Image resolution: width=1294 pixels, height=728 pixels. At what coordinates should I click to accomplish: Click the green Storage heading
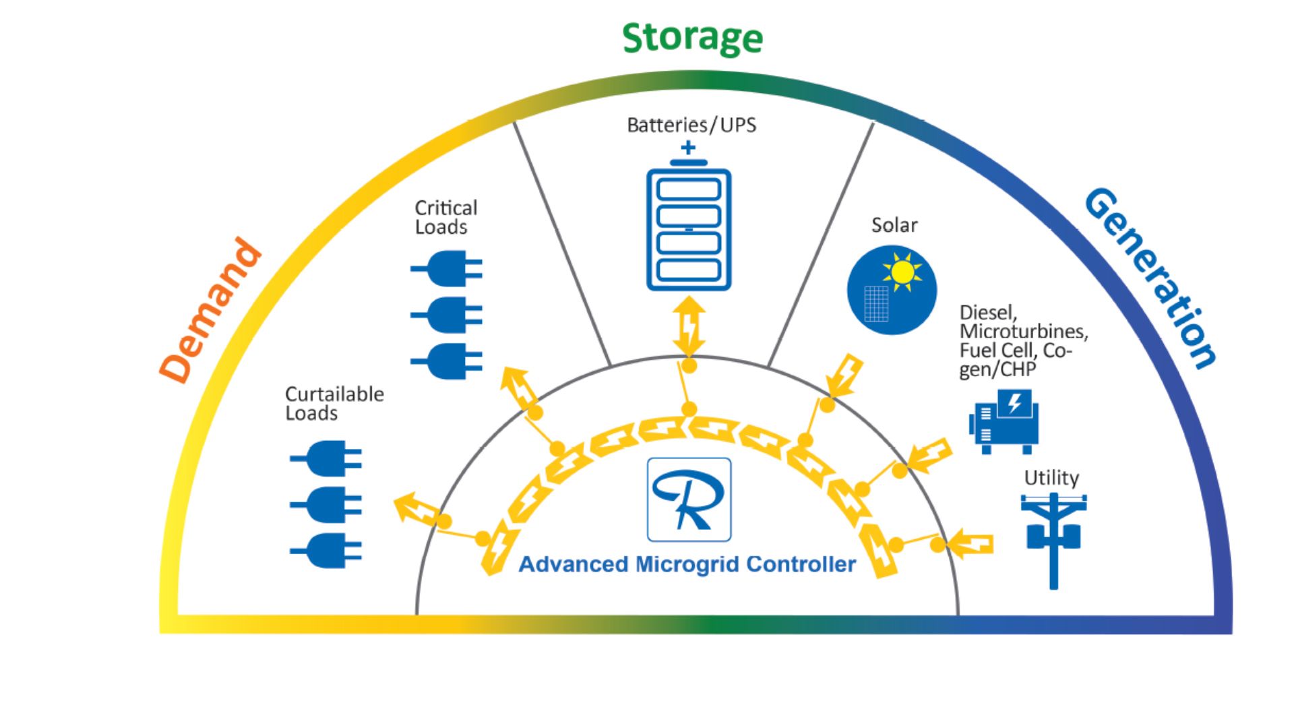(692, 38)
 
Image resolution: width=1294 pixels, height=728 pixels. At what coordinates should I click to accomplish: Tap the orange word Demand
(211, 311)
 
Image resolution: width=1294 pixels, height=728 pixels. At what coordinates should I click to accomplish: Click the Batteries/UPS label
(691, 125)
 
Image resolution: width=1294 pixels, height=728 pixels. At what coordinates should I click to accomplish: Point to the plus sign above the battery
(688, 148)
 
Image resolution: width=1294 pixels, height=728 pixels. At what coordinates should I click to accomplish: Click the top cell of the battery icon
(689, 189)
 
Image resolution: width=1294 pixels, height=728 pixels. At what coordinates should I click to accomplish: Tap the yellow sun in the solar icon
(902, 272)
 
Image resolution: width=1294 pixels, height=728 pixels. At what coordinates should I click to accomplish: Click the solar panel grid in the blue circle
(876, 303)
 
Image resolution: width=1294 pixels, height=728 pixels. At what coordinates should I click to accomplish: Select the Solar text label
(894, 225)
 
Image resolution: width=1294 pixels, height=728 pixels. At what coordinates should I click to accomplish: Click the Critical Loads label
(445, 217)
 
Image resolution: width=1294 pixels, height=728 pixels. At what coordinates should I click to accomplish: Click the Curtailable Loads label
(334, 403)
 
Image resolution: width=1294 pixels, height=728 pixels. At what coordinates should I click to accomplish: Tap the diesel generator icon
(1004, 421)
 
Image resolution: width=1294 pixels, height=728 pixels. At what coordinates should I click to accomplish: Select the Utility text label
(1051, 478)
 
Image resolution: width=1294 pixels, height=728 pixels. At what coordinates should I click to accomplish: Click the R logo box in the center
(689, 499)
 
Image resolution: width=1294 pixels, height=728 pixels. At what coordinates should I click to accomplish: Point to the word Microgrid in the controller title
(687, 564)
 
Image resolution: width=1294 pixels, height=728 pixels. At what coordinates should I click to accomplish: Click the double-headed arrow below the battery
(689, 327)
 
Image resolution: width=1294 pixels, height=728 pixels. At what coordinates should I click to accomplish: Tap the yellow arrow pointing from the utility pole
(970, 543)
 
